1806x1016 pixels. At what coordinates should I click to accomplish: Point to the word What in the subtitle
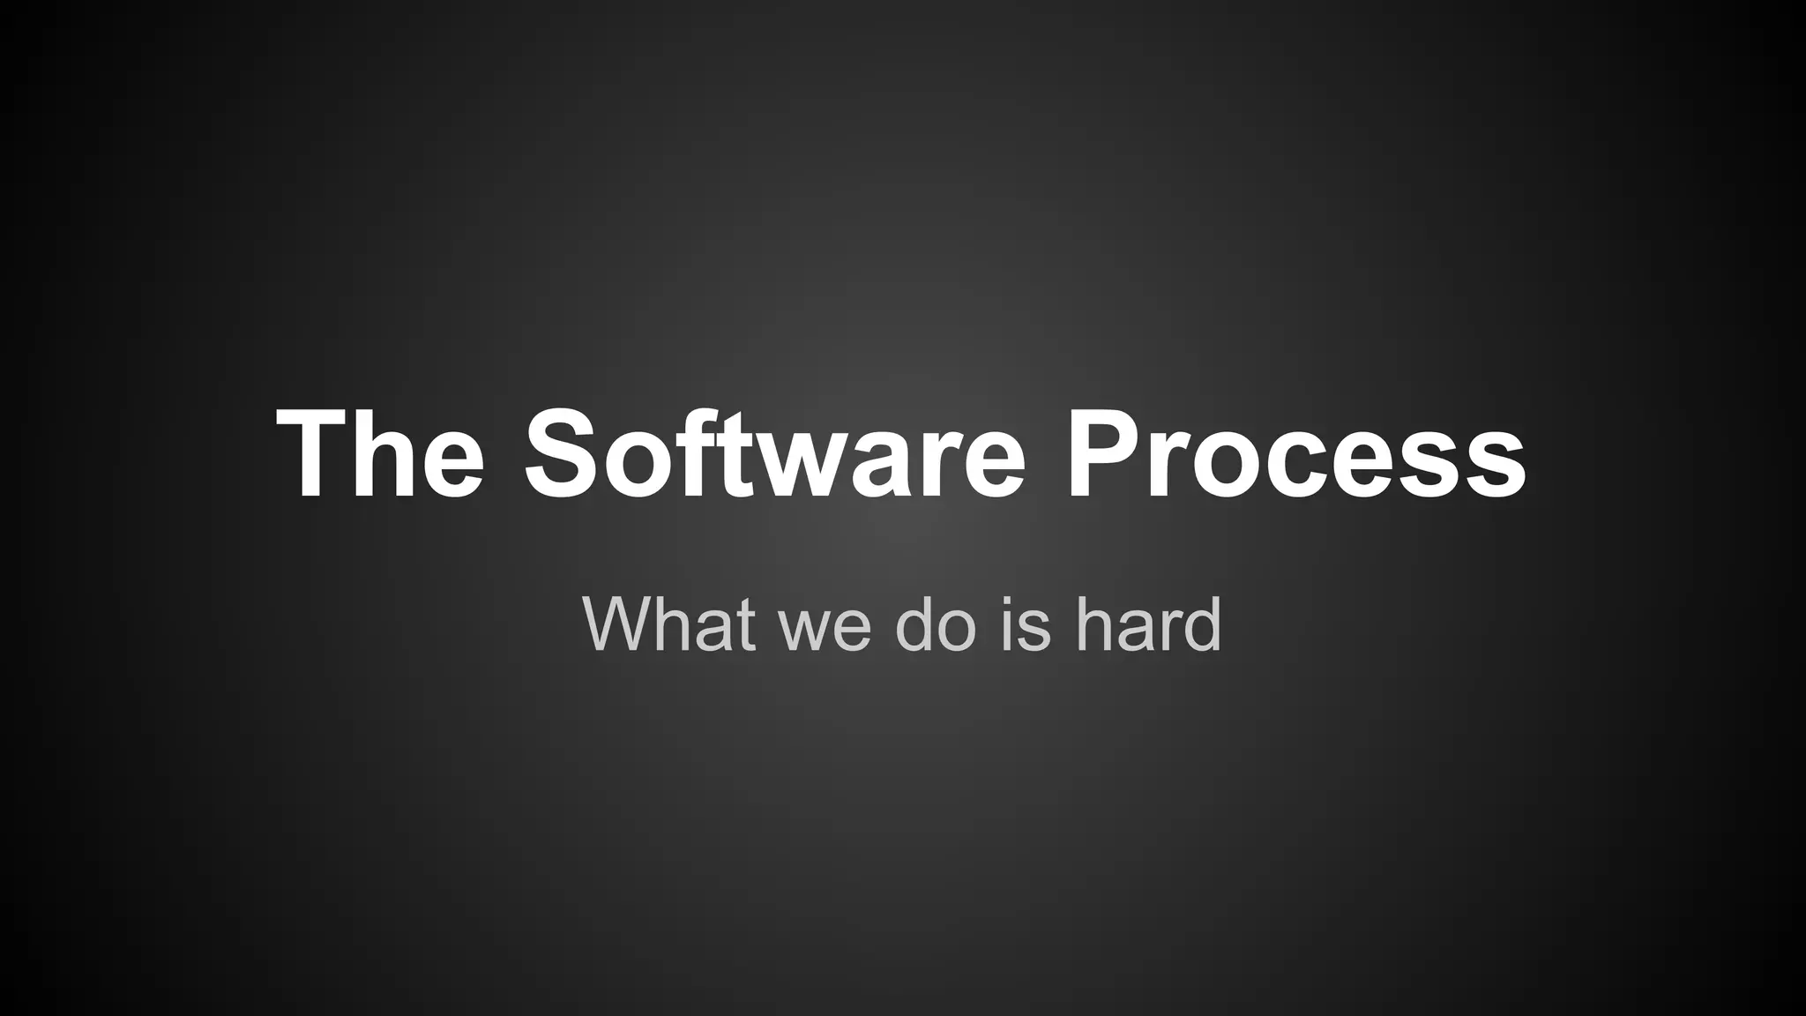click(x=668, y=624)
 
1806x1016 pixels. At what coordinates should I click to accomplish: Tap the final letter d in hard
click(x=1201, y=624)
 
